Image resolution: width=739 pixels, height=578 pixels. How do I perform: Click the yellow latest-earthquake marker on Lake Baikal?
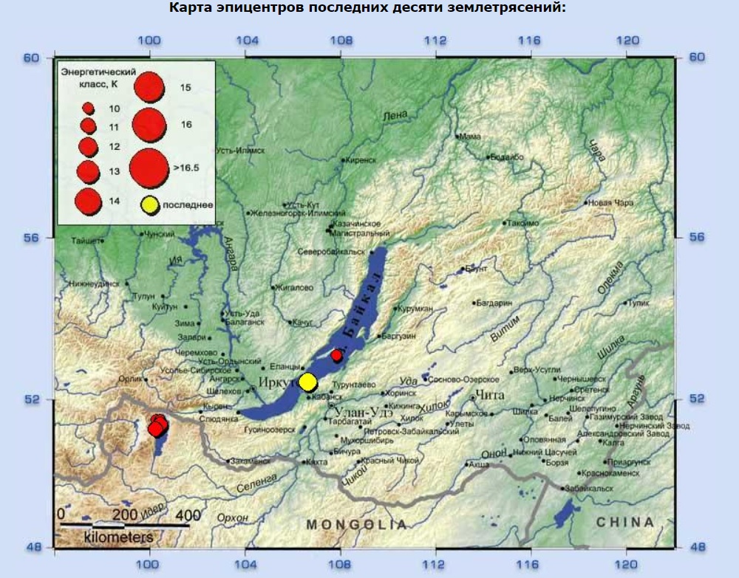pyautogui.click(x=307, y=382)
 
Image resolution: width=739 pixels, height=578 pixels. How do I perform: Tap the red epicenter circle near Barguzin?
pyautogui.click(x=337, y=356)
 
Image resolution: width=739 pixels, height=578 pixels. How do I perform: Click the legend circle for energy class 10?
pyautogui.click(x=88, y=109)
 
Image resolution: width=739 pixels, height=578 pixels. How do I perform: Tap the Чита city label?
pyautogui.click(x=489, y=395)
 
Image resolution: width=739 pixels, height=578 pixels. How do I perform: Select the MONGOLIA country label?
pyautogui.click(x=357, y=524)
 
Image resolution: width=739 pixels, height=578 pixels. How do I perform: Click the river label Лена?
pyautogui.click(x=395, y=116)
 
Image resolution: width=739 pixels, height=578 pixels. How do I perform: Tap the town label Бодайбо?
pyautogui.click(x=508, y=157)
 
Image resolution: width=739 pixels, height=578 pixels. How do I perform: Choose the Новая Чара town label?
pyautogui.click(x=610, y=204)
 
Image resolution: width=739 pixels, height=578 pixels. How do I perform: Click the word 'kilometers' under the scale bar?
pyautogui.click(x=119, y=537)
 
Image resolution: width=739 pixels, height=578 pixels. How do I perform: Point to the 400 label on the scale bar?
pyautogui.click(x=188, y=515)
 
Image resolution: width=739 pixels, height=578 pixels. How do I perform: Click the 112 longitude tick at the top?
pyautogui.click(x=435, y=41)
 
